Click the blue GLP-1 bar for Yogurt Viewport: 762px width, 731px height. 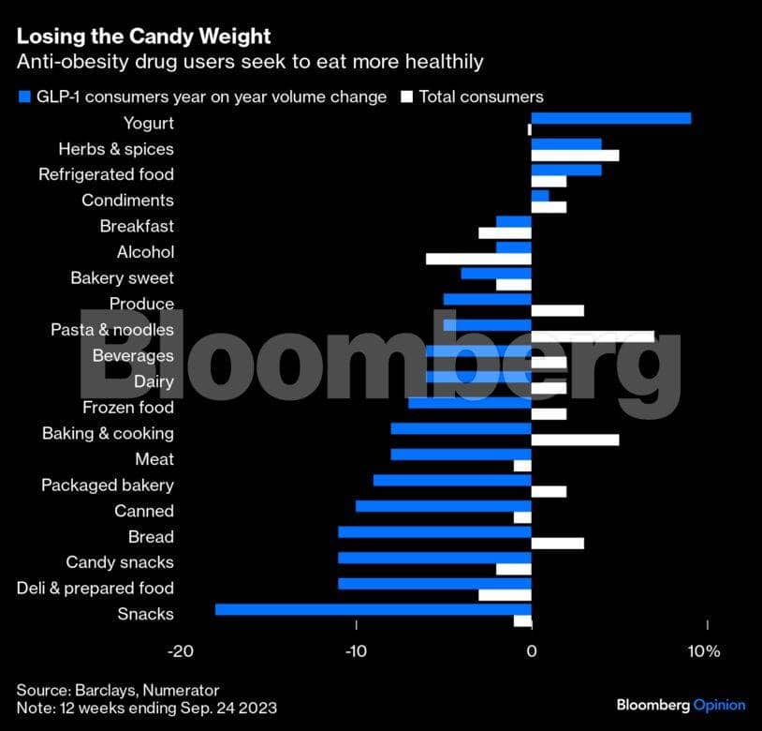pyautogui.click(x=610, y=118)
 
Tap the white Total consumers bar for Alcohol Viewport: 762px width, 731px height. pyautogui.click(x=478, y=259)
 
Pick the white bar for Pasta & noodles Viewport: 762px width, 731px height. pyautogui.click(x=593, y=336)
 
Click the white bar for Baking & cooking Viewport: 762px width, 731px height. pyautogui.click(x=575, y=440)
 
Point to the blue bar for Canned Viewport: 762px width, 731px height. pyautogui.click(x=443, y=506)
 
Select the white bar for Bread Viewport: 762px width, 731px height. pyautogui.click(x=557, y=543)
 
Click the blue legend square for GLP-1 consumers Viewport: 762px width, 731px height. pyautogui.click(x=22, y=97)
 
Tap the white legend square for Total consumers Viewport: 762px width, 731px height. pyautogui.click(x=406, y=97)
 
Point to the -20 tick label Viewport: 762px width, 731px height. pyautogui.click(x=181, y=651)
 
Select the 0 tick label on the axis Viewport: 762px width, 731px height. pyautogui.click(x=532, y=651)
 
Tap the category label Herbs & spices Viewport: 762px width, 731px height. pyautogui.click(x=115, y=149)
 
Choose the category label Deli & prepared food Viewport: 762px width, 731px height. pyautogui.click(x=95, y=588)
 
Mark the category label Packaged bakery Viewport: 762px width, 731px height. pyautogui.click(x=107, y=485)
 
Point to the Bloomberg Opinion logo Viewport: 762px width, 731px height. pyautogui.click(x=681, y=705)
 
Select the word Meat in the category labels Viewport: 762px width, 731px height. pyautogui.click(x=154, y=459)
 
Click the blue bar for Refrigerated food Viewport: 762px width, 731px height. pyautogui.click(x=566, y=170)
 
